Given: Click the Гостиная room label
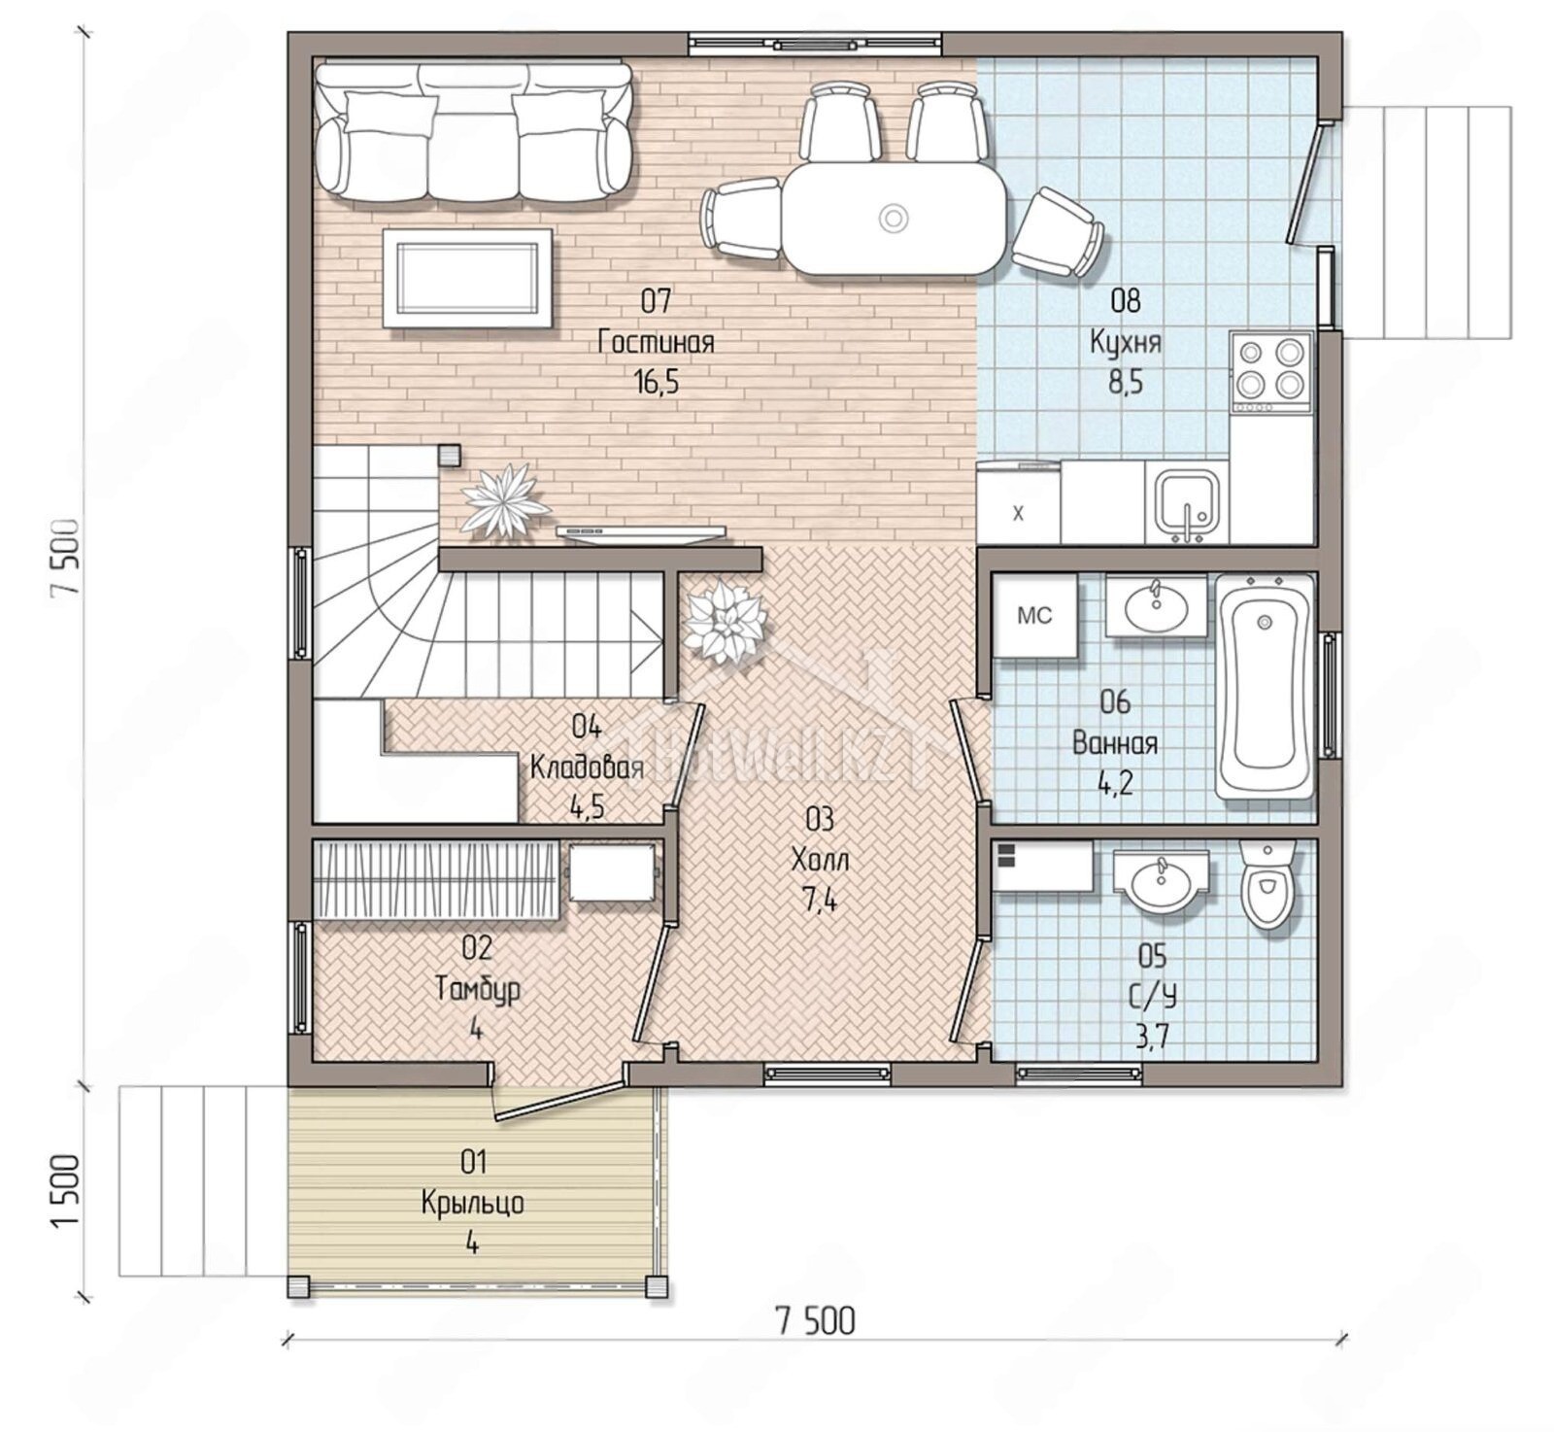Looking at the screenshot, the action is pyautogui.click(x=657, y=343).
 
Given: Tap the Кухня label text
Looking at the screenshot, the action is pyautogui.click(x=1126, y=343).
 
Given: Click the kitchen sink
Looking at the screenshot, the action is pyautogui.click(x=1186, y=503).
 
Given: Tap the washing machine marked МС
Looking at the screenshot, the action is pyautogui.click(x=1034, y=616).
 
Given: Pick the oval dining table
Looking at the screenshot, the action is pyautogui.click(x=895, y=219).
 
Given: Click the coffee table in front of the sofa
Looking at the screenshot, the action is pyautogui.click(x=468, y=279).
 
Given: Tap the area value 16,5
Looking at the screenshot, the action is pyautogui.click(x=657, y=383).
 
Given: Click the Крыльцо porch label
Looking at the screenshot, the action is pyautogui.click(x=473, y=1203).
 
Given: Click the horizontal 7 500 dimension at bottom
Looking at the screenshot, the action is pyautogui.click(x=815, y=1321).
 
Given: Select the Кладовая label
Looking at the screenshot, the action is pyautogui.click(x=587, y=767).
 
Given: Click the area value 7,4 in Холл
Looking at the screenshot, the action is pyautogui.click(x=820, y=901).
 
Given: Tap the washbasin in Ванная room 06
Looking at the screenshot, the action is pyautogui.click(x=1156, y=606).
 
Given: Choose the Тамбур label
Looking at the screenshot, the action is pyautogui.click(x=477, y=989).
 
